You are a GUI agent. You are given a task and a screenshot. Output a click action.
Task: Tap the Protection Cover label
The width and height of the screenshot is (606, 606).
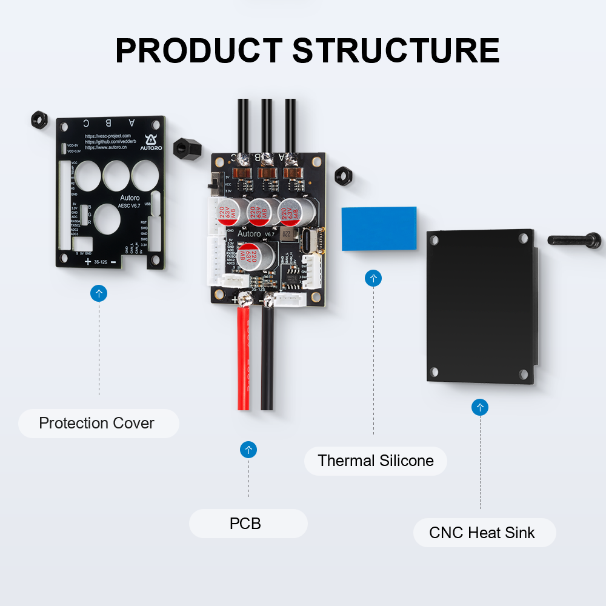(x=97, y=423)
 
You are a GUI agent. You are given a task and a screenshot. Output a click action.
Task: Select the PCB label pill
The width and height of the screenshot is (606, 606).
(x=245, y=523)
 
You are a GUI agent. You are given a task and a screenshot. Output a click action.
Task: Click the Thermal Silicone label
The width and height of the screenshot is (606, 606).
(x=376, y=461)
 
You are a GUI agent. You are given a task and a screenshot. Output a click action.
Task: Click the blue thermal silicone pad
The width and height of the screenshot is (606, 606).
(x=379, y=228)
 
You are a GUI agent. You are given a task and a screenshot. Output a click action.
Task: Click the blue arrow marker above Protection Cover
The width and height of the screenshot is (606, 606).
(x=99, y=294)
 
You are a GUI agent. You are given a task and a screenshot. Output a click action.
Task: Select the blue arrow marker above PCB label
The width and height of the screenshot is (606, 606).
(x=248, y=450)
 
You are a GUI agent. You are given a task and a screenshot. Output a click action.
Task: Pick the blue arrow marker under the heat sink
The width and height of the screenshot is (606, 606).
(x=480, y=407)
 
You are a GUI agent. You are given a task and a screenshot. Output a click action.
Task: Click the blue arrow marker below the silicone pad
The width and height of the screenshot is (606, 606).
(x=373, y=279)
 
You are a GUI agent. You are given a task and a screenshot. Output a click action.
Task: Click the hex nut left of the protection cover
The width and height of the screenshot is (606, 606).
(x=39, y=119)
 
